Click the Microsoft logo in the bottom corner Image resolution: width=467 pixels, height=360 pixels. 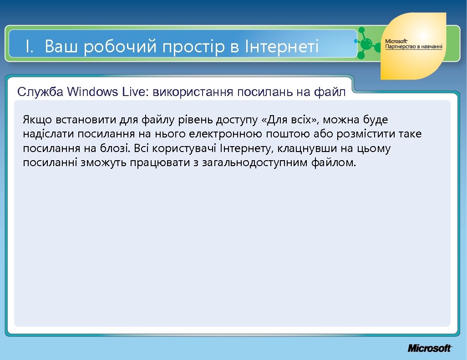(x=429, y=348)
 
